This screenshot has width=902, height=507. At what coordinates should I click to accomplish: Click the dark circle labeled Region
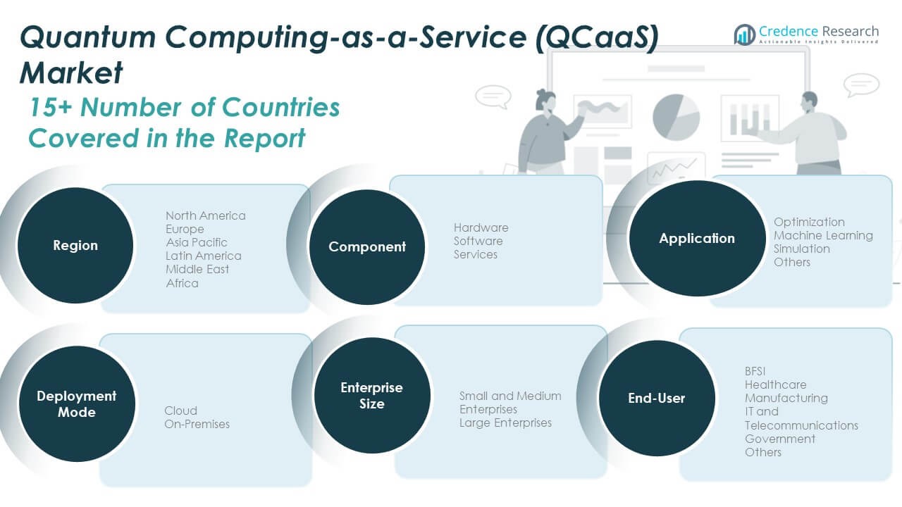pyautogui.click(x=75, y=245)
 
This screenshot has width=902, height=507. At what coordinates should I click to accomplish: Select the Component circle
pyautogui.click(x=367, y=246)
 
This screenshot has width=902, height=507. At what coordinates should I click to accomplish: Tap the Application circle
pyautogui.click(x=697, y=238)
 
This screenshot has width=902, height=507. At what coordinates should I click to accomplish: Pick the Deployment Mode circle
pyautogui.click(x=77, y=403)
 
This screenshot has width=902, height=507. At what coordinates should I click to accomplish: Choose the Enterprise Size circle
pyautogui.click(x=371, y=395)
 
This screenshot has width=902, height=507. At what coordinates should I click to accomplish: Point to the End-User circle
pyautogui.click(x=656, y=398)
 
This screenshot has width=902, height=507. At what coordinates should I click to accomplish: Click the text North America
pyautogui.click(x=205, y=215)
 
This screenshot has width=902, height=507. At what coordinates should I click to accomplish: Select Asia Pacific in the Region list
pyautogui.click(x=197, y=242)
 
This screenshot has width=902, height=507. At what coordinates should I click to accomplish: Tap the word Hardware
pyautogui.click(x=481, y=227)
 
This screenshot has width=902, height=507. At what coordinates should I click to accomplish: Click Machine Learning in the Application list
pyautogui.click(x=823, y=235)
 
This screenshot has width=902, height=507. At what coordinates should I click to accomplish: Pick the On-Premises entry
pyautogui.click(x=197, y=424)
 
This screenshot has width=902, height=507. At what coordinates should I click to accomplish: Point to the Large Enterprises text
pyautogui.click(x=505, y=423)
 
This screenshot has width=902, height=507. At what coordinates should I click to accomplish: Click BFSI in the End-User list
pyautogui.click(x=755, y=371)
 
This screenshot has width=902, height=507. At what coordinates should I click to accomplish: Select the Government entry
pyautogui.click(x=780, y=439)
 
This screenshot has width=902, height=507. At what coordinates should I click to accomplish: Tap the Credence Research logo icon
pyautogui.click(x=745, y=35)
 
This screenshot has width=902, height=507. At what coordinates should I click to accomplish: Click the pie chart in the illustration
pyautogui.click(x=676, y=117)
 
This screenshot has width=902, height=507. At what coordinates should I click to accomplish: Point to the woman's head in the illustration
pyautogui.click(x=545, y=101)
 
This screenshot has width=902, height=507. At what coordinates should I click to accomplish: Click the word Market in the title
pyautogui.click(x=71, y=73)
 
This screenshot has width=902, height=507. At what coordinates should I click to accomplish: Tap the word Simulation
pyautogui.click(x=801, y=249)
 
